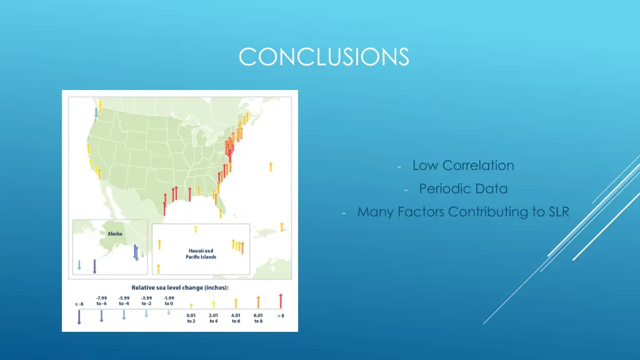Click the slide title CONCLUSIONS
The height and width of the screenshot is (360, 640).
[324, 57]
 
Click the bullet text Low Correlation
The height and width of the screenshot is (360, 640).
[463, 166]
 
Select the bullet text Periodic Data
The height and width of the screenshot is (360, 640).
[463, 189]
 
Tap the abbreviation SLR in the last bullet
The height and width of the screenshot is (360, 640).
[558, 212]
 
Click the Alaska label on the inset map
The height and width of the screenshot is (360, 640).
[114, 234]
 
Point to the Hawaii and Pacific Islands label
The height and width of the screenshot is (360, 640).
[201, 254]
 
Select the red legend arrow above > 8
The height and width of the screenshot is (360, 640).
[281, 301]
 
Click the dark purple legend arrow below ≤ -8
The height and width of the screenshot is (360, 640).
[79, 317]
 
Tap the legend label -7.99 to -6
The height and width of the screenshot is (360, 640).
[101, 301]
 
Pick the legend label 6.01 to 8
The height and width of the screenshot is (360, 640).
[258, 318]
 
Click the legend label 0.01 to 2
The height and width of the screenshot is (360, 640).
[191, 318]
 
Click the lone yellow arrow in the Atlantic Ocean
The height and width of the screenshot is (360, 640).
[271, 166]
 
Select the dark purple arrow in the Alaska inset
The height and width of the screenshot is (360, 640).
[94, 266]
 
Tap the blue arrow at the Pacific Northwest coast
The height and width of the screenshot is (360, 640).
[96, 112]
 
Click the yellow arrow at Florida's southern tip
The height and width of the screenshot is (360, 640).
[221, 213]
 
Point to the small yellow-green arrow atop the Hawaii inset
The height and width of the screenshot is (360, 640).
[195, 229]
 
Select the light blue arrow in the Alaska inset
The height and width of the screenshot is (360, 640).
[79, 265]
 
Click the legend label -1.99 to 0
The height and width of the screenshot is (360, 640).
[169, 301]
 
